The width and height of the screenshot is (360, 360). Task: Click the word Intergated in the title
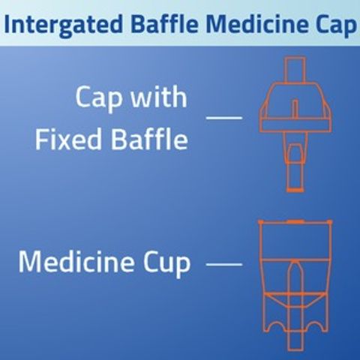click(x=64, y=25)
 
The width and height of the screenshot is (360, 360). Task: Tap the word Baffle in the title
click(x=165, y=23)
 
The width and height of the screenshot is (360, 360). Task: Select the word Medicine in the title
click(x=255, y=23)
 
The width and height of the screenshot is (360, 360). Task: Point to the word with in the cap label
click(x=159, y=97)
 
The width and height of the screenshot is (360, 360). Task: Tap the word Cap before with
click(x=99, y=98)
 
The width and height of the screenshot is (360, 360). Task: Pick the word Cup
click(x=166, y=264)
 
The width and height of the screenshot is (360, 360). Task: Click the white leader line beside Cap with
click(x=224, y=117)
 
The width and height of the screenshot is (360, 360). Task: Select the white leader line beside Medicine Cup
click(x=224, y=264)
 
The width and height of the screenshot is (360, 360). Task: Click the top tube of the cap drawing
click(x=295, y=70)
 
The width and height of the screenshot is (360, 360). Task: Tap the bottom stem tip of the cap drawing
click(x=295, y=190)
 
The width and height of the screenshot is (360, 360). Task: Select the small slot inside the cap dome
click(x=295, y=109)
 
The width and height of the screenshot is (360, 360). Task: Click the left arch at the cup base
click(x=277, y=326)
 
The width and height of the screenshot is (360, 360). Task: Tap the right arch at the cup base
click(x=313, y=326)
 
